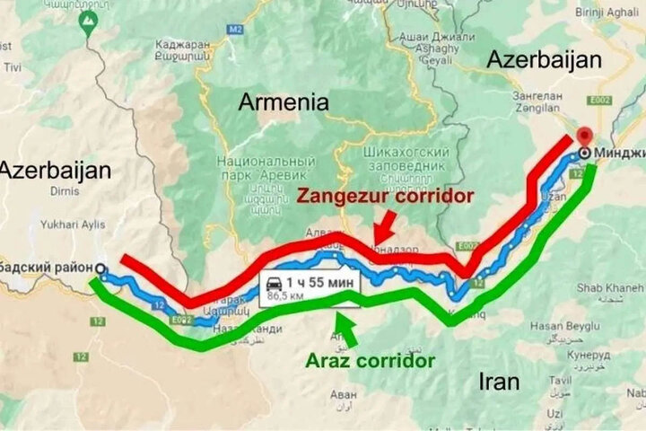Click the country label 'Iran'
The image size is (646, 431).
(499, 381)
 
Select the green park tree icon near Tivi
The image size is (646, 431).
(88, 21)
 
